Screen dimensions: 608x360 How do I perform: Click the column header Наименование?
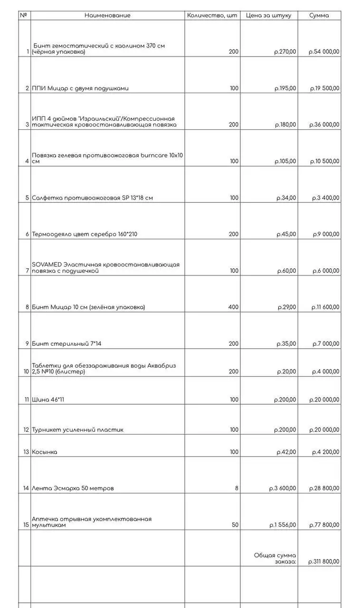pyautogui.click(x=107, y=15)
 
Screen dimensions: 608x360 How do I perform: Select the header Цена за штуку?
pyautogui.click(x=269, y=15)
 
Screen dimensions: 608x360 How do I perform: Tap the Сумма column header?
pyautogui.click(x=319, y=15)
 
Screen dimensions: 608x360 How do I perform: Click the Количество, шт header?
pyautogui.click(x=212, y=15)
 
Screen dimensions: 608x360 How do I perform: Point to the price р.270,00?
pyautogui.click(x=285, y=52)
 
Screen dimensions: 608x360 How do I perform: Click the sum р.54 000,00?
pyautogui.click(x=324, y=52)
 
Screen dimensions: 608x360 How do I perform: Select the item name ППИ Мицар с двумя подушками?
pyautogui.click(x=80, y=88)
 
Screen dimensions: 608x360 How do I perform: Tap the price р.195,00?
pyautogui.click(x=285, y=88)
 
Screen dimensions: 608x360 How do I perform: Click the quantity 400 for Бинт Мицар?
pyautogui.click(x=233, y=307)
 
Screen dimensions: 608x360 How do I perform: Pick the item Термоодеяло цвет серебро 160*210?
pyautogui.click(x=85, y=234)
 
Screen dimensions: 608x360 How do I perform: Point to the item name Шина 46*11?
pyautogui.click(x=48, y=400)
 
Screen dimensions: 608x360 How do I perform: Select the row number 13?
pyautogui.click(x=26, y=452)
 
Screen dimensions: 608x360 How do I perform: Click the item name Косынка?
pyautogui.click(x=45, y=452)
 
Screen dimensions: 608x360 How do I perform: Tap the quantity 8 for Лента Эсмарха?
pyautogui.click(x=237, y=488)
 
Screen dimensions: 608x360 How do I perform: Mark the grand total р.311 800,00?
pyautogui.click(x=324, y=561)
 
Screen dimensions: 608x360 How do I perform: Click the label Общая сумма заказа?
pyautogui.click(x=275, y=558)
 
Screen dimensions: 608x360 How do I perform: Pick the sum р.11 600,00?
pyautogui.click(x=325, y=307)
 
